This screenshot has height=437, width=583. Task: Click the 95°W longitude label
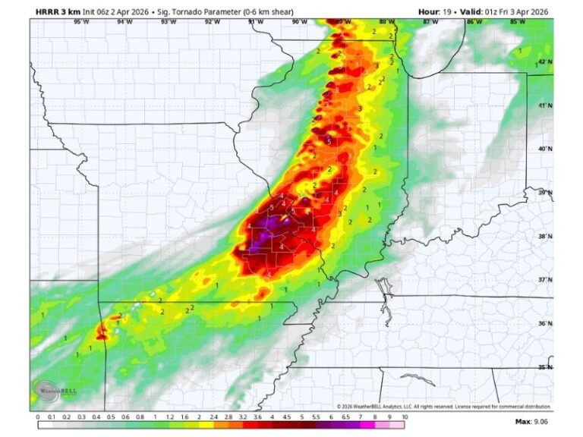(78, 22)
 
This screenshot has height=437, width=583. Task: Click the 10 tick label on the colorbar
(405, 417)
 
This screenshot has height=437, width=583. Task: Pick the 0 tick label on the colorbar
(38, 417)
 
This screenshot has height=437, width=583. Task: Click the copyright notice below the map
(440, 407)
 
